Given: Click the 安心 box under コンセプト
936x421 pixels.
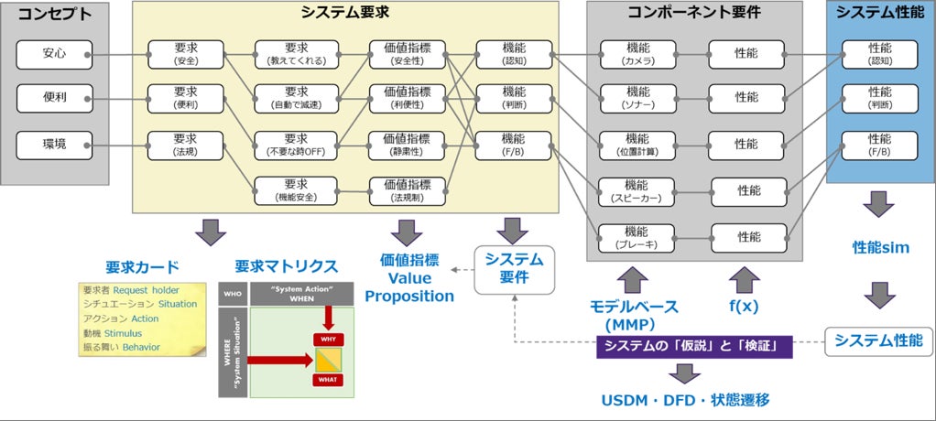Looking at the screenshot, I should (54, 55).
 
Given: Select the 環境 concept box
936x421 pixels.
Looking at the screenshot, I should (54, 145).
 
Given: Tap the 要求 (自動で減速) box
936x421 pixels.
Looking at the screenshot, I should (295, 97).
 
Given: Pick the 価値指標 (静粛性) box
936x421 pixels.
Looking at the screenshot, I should (408, 145).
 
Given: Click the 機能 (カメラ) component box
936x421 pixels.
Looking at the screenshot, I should (638, 55).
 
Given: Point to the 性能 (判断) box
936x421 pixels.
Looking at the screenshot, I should (879, 98).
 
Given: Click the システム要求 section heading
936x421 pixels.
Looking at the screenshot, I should (345, 13).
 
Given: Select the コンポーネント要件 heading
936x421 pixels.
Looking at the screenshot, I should (694, 13).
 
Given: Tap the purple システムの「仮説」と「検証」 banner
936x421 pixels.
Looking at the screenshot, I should (692, 348).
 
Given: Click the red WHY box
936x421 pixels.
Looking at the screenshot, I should (328, 339).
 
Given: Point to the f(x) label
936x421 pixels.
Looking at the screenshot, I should (745, 308).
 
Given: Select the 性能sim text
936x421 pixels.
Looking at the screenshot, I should (880, 248).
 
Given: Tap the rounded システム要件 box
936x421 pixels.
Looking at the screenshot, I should (513, 268).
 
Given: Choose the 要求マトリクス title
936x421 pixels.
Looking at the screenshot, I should (286, 266).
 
